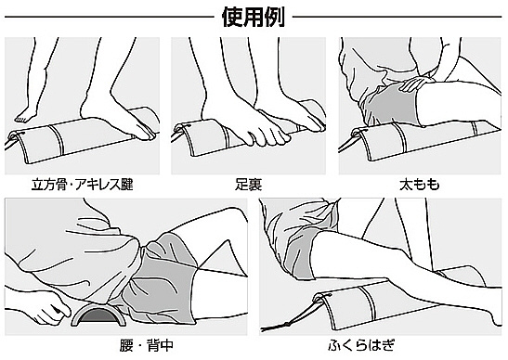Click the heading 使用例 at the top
(253, 17)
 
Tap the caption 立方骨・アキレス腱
(83, 185)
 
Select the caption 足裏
(249, 185)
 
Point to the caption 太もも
(420, 185)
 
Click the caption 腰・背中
(147, 345)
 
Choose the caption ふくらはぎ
(361, 345)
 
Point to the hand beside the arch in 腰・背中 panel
(52, 307)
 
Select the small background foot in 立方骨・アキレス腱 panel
(26, 116)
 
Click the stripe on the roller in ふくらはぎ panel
(369, 303)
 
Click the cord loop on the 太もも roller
(357, 133)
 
